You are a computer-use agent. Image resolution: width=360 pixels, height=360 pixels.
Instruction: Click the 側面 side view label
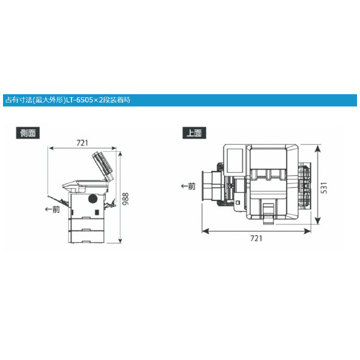(28, 133)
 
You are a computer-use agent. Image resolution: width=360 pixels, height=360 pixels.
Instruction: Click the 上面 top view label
(194, 133)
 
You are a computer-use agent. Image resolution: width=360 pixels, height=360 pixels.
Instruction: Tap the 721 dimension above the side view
(82, 143)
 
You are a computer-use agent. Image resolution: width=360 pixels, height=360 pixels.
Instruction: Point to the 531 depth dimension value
(323, 188)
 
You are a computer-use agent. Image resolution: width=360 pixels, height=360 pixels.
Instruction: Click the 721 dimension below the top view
(256, 238)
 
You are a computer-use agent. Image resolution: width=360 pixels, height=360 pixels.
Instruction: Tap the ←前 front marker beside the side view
(52, 209)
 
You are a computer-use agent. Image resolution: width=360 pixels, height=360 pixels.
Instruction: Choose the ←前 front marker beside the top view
(188, 186)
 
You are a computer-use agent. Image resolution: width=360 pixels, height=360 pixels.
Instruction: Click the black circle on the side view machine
(93, 199)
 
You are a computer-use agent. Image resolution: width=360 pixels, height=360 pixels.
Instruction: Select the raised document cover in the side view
(103, 166)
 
